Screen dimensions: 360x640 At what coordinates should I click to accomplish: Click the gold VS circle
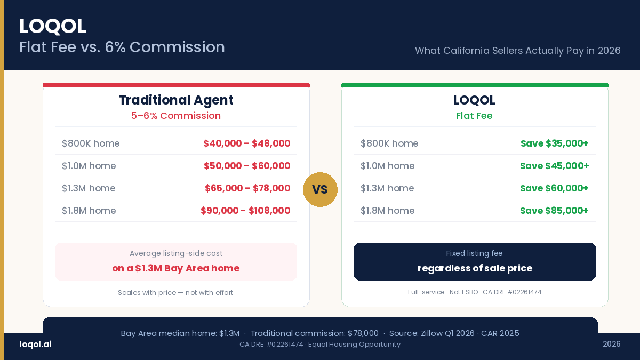coord(320,189)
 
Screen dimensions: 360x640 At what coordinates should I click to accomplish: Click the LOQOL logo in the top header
coord(52,26)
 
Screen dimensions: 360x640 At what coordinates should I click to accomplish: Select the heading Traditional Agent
coord(176,100)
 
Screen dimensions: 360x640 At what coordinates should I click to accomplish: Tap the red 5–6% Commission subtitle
coord(176,116)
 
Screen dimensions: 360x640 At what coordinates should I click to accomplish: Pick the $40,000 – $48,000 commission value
coord(246,143)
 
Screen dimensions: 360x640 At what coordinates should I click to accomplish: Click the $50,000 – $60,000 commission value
coord(247,166)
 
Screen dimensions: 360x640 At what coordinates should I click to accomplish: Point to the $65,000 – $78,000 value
coord(247,188)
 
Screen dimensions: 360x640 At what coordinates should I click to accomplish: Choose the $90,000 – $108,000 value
coord(245,211)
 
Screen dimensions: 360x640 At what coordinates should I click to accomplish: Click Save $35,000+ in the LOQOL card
coord(554,143)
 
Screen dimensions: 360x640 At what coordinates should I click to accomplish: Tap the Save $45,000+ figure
coord(554,166)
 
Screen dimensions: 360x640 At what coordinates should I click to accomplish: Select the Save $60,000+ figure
coord(554,188)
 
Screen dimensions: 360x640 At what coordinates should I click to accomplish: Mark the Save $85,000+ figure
coord(554,211)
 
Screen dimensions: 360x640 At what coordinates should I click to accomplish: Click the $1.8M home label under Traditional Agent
coord(89,211)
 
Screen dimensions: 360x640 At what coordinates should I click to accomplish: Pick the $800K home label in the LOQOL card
coord(389,143)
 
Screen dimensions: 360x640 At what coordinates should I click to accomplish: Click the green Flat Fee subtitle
coord(474,116)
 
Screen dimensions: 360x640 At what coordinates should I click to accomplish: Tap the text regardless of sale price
coord(475,268)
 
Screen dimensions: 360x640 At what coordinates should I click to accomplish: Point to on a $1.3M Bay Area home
coord(176,268)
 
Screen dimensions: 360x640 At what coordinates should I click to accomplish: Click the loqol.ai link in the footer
coord(35,344)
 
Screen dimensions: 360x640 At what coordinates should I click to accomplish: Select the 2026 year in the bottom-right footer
coord(611,344)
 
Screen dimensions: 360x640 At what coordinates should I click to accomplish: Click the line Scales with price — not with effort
coord(175,292)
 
